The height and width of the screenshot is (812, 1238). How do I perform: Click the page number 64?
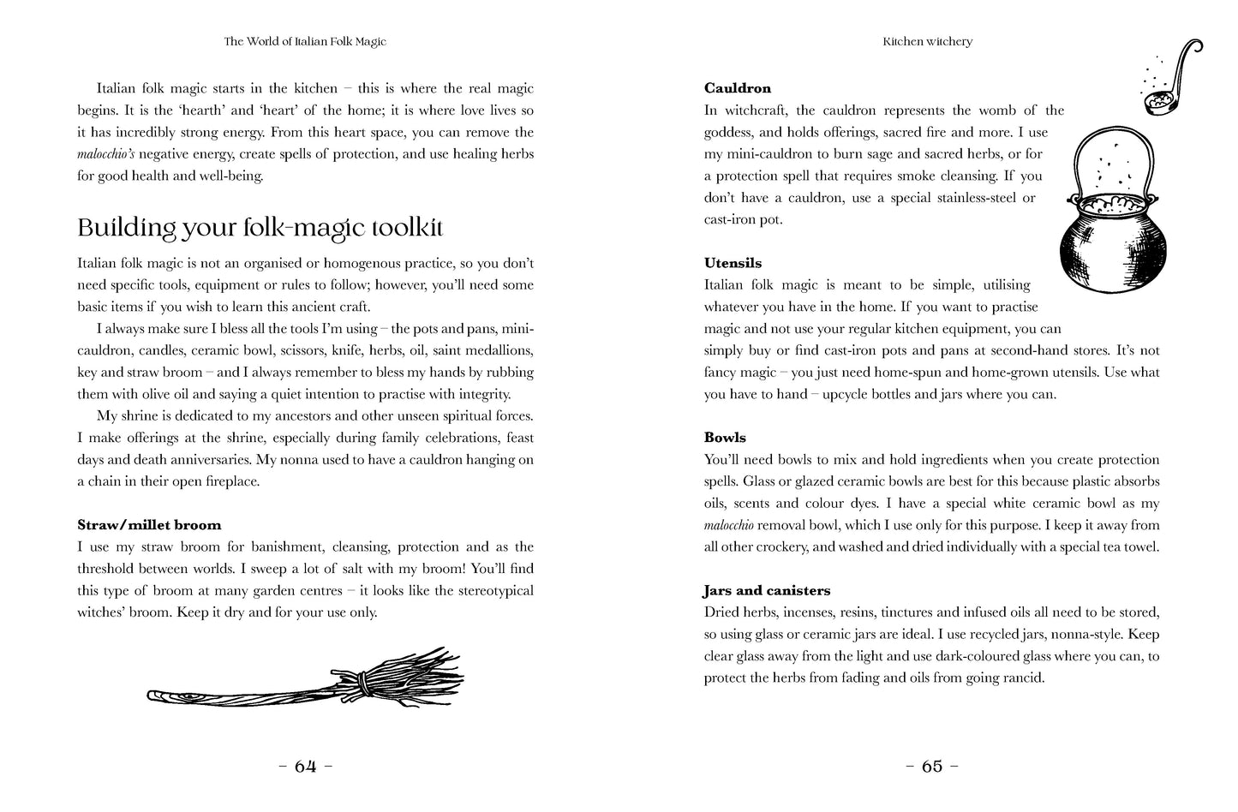306,767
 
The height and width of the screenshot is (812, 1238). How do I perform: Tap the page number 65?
931,767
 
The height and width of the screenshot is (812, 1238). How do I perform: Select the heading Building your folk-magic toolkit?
260,228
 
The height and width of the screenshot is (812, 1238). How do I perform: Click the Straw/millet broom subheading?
149,525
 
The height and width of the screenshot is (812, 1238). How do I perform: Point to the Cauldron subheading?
737,88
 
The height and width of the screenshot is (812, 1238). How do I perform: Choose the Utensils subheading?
733,263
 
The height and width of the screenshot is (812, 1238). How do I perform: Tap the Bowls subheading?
725,438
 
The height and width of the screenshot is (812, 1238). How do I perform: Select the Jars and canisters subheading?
767,591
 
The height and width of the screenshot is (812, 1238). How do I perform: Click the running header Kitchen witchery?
927,41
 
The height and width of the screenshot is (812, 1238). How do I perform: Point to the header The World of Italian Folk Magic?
305,41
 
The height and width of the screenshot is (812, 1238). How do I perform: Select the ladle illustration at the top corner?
1169,81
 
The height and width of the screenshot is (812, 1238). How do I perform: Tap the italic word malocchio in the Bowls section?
728,526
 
